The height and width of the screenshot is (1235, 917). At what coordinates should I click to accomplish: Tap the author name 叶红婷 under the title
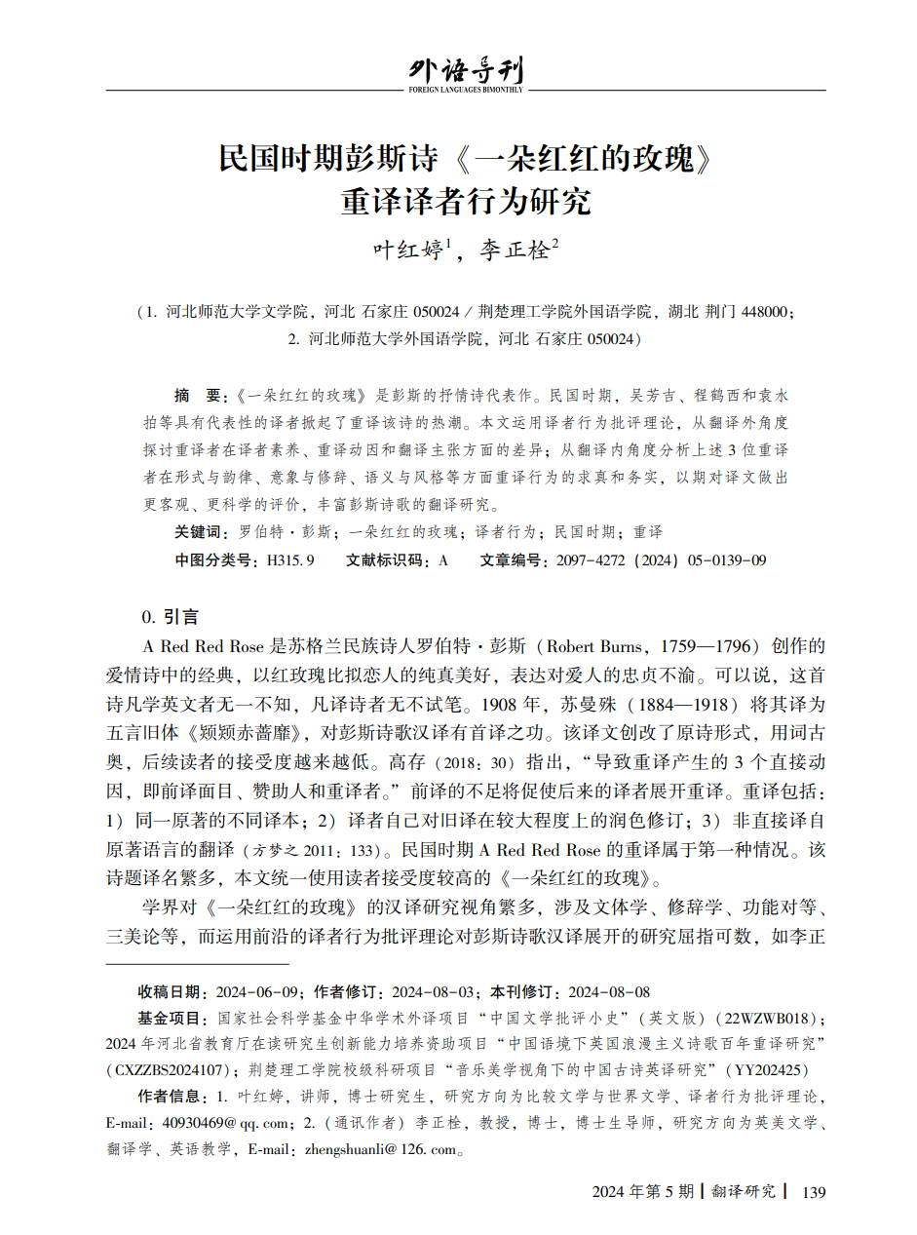tap(408, 250)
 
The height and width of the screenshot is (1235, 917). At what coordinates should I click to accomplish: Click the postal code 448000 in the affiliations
tap(765, 313)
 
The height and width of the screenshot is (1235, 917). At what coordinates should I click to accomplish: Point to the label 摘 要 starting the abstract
tap(199, 396)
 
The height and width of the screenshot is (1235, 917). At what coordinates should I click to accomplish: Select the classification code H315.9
tap(284, 560)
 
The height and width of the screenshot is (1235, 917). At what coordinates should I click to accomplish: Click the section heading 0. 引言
tap(171, 616)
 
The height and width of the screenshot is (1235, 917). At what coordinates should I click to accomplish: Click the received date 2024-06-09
tap(257, 992)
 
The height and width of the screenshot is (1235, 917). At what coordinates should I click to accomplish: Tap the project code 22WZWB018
tap(765, 1019)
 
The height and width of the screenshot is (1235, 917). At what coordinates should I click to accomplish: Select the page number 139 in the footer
tap(812, 1191)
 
